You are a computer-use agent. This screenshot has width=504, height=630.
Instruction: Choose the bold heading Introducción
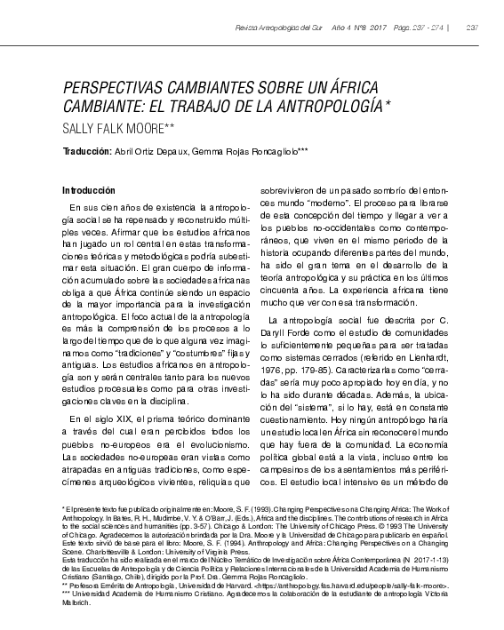89,191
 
